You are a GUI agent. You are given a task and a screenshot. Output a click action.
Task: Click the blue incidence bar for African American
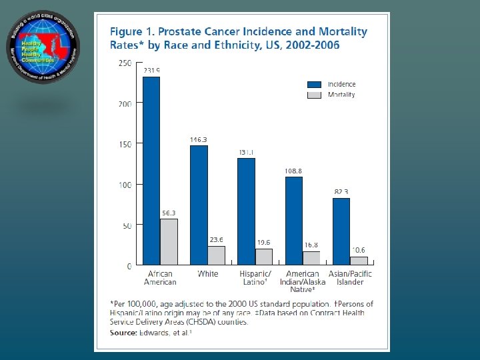pyautogui.click(x=151, y=171)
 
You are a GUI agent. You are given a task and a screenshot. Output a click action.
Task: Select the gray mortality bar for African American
pyautogui.click(x=169, y=242)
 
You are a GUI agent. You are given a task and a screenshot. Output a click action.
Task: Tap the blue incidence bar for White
pyautogui.click(x=199, y=205)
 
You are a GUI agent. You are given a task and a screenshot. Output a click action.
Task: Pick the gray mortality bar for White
pyautogui.click(x=216, y=255)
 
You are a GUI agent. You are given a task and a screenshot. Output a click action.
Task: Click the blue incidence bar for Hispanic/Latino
pyautogui.click(x=246, y=211)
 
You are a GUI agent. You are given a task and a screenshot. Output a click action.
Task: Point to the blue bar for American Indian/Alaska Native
pyautogui.click(x=294, y=221)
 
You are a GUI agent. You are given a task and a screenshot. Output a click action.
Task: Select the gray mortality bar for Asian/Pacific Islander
pyautogui.click(x=359, y=261)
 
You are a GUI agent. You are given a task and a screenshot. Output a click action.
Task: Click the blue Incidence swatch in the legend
pyautogui.click(x=315, y=85)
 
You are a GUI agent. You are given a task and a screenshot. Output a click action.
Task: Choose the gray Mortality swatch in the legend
pyautogui.click(x=315, y=95)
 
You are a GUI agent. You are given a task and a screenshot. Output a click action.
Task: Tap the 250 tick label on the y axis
pyautogui.click(x=125, y=63)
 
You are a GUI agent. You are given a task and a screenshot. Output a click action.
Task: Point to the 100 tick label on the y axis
pyautogui.click(x=125, y=185)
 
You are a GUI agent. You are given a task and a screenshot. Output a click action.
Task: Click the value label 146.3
pyautogui.click(x=199, y=140)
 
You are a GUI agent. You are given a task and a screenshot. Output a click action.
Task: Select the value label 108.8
pyautogui.click(x=294, y=171)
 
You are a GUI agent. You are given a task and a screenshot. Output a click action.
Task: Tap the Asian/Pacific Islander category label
pyautogui.click(x=350, y=278)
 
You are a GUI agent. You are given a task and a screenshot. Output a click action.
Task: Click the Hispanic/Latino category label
pyautogui.click(x=255, y=278)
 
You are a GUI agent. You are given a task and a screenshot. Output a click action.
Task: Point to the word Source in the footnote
pyautogui.click(x=123, y=331)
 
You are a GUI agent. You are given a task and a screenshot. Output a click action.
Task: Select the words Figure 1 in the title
pyautogui.click(x=131, y=32)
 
